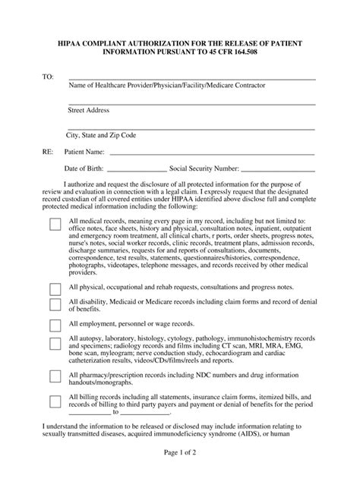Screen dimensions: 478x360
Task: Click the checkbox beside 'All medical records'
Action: tap(55, 225)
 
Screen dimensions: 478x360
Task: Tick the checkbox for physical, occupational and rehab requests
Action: tap(55, 289)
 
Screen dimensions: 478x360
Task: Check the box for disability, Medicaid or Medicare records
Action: tap(55, 305)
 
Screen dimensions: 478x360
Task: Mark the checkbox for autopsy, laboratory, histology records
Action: tap(55, 344)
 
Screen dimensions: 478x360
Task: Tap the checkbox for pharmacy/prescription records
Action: tap(55, 376)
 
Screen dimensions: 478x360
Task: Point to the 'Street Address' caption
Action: tap(89, 110)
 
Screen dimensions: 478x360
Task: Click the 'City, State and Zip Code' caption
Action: tap(103, 135)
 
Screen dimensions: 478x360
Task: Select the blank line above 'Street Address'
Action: tap(191, 104)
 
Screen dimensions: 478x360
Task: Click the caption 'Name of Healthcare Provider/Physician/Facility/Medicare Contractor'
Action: tap(167, 86)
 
